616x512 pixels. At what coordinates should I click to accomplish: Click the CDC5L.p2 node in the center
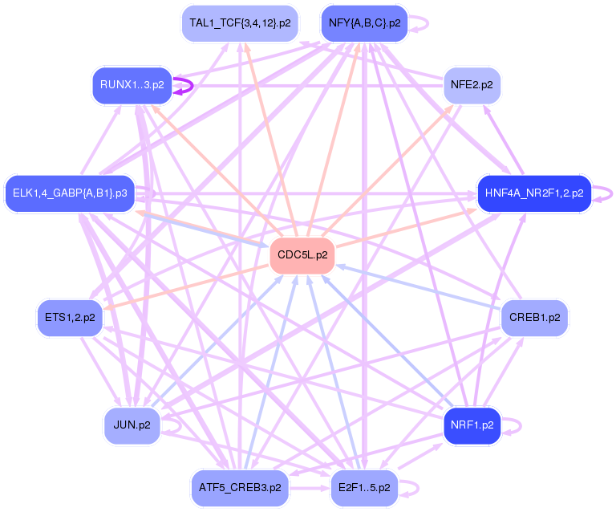tap(302, 255)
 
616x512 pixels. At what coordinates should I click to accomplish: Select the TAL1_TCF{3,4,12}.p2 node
tap(240, 23)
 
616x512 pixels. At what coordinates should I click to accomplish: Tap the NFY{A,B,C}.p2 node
tap(365, 23)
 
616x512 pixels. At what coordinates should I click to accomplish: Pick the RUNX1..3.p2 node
tap(132, 85)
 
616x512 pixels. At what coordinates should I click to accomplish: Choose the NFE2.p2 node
tap(472, 85)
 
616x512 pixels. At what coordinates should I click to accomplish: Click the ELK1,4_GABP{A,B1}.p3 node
tap(70, 193)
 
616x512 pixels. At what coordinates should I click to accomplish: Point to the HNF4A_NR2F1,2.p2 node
tap(534, 193)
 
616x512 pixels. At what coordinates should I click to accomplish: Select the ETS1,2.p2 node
tap(70, 318)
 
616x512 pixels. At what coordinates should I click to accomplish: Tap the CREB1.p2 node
tap(535, 318)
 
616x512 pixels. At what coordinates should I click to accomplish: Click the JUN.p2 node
tap(132, 425)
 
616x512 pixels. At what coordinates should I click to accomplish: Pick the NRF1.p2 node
tap(472, 425)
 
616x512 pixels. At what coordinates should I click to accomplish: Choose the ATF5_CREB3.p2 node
tap(240, 488)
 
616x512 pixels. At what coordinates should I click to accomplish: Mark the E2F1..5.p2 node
tap(365, 488)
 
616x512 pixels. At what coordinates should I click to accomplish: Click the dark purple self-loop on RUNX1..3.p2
tap(192, 85)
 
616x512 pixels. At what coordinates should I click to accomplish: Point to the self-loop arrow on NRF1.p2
tap(521, 425)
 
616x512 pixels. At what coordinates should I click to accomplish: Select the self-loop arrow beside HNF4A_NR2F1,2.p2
tap(612, 193)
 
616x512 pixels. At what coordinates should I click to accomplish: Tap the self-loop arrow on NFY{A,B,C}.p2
tap(428, 23)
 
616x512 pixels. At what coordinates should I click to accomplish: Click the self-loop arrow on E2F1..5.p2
tap(419, 488)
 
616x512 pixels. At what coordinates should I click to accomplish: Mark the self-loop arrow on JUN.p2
tap(180, 425)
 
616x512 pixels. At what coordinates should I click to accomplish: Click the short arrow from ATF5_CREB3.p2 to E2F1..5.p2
tap(310, 489)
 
